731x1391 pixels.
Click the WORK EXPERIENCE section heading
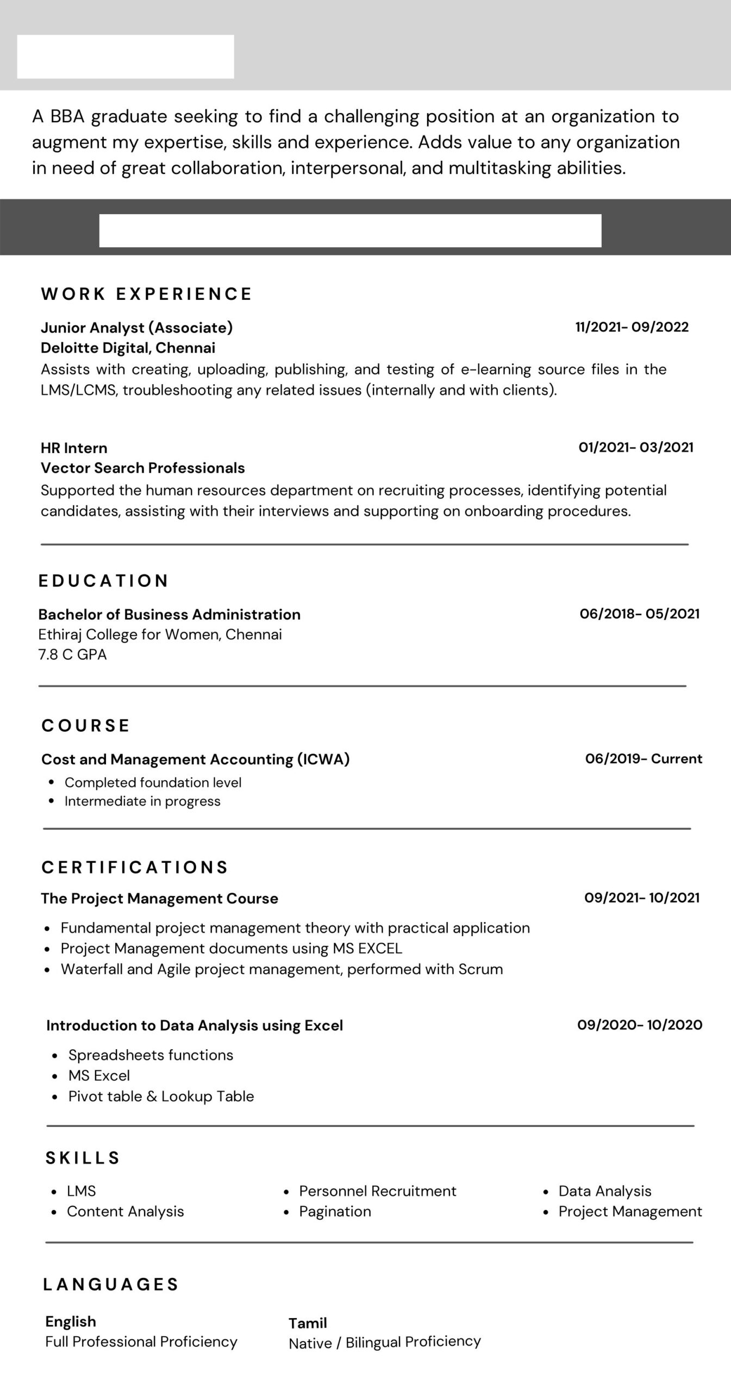(146, 294)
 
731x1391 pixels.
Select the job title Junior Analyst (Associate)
(136, 328)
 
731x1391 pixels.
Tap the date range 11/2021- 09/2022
(632, 327)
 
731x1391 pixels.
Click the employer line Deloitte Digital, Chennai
(128, 348)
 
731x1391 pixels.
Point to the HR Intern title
(74, 448)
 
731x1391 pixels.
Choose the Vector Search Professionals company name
(142, 468)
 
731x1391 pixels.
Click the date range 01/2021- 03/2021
(635, 447)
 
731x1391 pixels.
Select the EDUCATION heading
(103, 581)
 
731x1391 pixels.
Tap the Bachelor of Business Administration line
(169, 615)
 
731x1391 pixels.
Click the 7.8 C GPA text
(72, 655)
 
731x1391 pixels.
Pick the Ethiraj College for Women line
(160, 635)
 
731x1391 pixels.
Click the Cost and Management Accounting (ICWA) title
(195, 759)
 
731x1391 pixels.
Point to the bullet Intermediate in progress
(142, 801)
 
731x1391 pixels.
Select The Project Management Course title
(159, 899)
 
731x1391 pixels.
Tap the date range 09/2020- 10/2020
(639, 1025)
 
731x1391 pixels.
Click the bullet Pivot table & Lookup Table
(161, 1096)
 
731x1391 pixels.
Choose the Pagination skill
(335, 1212)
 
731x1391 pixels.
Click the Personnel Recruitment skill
(377, 1191)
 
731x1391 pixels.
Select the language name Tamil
(308, 1323)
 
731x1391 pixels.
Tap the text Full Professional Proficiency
(141, 1342)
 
